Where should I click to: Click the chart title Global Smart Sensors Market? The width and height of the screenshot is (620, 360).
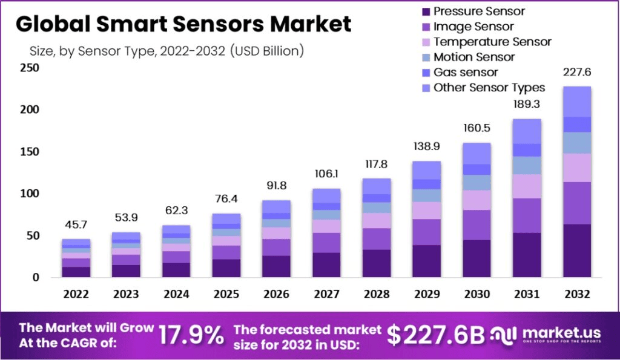(x=183, y=24)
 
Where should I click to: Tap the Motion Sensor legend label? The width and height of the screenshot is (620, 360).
(x=474, y=57)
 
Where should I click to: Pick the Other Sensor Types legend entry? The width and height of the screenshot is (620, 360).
(x=489, y=88)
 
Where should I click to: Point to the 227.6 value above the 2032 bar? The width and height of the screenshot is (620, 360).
(x=576, y=73)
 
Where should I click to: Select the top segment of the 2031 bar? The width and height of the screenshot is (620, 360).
(x=526, y=131)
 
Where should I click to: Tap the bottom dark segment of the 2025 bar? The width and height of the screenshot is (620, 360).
(x=226, y=268)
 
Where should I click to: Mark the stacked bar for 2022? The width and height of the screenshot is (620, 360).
(x=76, y=258)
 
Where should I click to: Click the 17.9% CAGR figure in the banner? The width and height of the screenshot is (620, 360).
(x=191, y=335)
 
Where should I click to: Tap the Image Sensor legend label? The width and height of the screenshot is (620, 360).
(x=473, y=27)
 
